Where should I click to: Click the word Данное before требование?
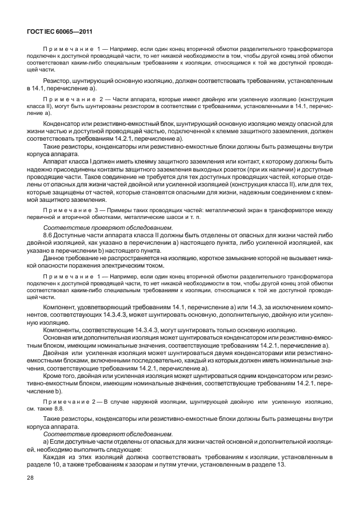56,258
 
